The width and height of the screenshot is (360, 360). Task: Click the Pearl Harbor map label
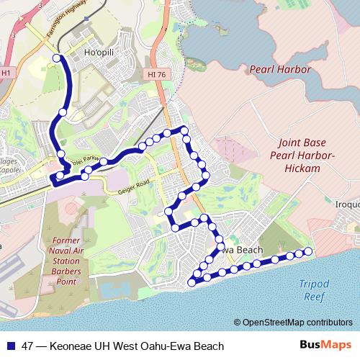coord(280,70)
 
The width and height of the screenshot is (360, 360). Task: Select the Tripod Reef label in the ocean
coord(314,289)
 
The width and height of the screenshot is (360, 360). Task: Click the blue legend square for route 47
coord(10,346)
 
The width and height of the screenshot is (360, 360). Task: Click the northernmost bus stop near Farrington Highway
coord(58,58)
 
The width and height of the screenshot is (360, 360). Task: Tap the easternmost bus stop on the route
coord(309,251)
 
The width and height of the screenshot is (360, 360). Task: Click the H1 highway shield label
coord(6,73)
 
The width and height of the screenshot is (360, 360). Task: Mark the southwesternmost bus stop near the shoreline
coord(191,282)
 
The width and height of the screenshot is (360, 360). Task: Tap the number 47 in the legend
coord(28,346)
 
